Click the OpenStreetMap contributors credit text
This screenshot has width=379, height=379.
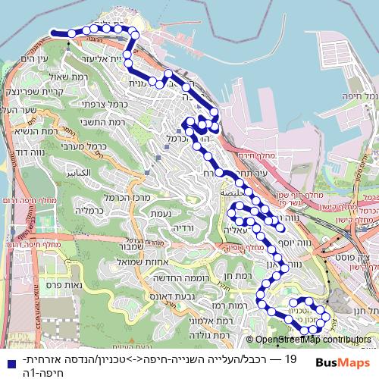coord(312,340)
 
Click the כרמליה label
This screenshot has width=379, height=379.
coord(89,209)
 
